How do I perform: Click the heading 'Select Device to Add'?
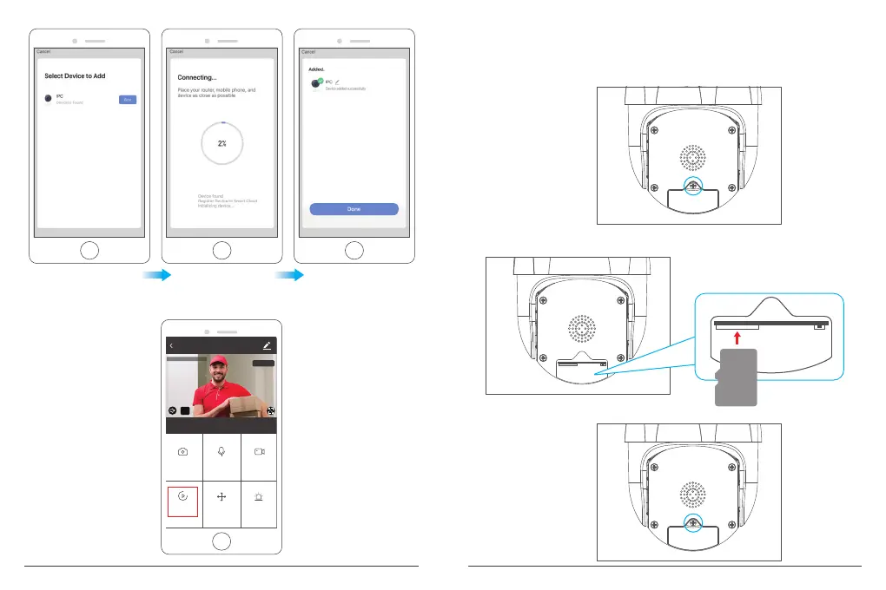click(x=75, y=76)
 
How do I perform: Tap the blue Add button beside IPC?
click(x=128, y=100)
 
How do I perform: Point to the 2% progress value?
click(x=221, y=143)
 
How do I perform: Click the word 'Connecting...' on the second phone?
click(x=190, y=76)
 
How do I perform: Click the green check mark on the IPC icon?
click(x=320, y=81)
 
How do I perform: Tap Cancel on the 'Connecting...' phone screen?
click(x=176, y=51)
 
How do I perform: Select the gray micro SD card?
click(x=737, y=376)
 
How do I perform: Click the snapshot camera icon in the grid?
click(x=183, y=451)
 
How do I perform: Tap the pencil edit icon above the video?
click(x=267, y=345)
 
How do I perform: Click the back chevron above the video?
click(x=171, y=345)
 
